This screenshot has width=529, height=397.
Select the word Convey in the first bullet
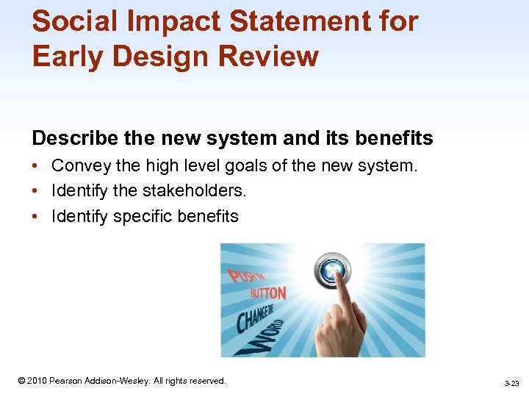78,167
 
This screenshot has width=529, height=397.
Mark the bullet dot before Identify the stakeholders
36,191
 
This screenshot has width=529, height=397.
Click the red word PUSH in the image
241,277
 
